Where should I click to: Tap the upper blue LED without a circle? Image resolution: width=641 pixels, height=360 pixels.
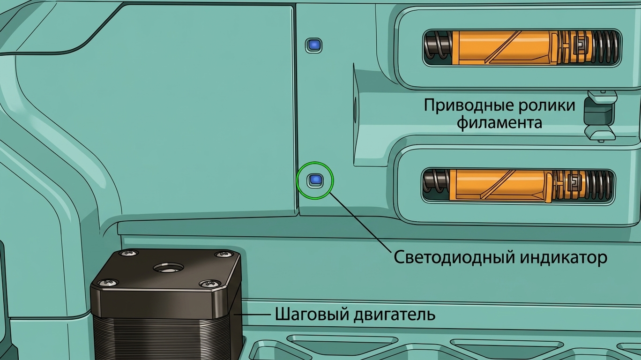click(314, 45)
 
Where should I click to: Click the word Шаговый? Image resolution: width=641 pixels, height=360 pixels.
click(312, 314)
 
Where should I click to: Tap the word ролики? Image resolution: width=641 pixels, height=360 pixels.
click(546, 105)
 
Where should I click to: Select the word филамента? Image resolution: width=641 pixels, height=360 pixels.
click(499, 123)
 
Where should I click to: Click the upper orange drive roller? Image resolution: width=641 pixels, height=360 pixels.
click(505, 47)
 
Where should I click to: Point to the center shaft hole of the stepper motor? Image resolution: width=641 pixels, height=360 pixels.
click(169, 269)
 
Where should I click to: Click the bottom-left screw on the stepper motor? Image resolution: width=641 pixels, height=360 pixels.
click(108, 283)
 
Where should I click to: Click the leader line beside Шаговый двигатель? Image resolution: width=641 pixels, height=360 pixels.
click(253, 315)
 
